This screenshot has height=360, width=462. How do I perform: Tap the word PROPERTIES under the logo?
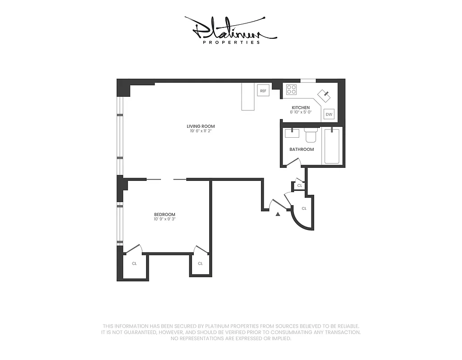click(231, 42)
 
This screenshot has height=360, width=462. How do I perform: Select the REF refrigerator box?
click(263, 91)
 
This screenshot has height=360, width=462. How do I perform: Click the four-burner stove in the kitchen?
click(291, 90)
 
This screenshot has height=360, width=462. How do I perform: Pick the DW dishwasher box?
click(329, 114)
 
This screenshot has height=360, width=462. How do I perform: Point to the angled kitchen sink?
click(324, 95)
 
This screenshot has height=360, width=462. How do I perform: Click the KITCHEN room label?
click(301, 108)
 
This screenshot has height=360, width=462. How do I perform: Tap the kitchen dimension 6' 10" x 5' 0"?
click(301, 112)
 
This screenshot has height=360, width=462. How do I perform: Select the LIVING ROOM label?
click(201, 126)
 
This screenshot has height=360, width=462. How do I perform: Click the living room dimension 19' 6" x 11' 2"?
click(201, 131)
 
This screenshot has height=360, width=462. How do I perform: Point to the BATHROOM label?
click(302, 149)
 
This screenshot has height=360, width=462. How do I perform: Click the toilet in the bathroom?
click(311, 135)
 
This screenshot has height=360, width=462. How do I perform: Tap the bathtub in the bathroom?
click(332, 146)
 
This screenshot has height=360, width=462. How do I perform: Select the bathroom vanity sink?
click(292, 133)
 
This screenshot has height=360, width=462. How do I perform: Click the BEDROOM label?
click(165, 215)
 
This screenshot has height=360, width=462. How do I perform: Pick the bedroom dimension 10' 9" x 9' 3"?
click(165, 219)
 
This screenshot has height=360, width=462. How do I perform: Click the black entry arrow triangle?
click(278, 214)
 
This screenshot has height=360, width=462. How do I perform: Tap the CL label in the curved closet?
click(304, 209)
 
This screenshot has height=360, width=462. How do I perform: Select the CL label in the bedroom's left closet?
click(134, 264)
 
